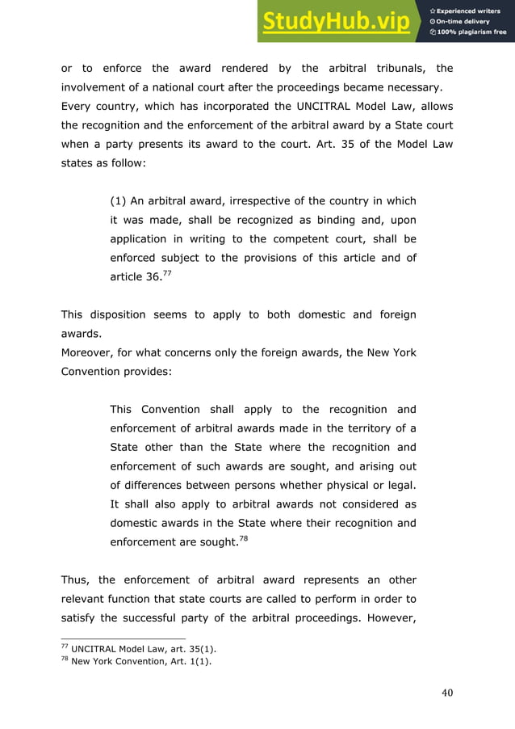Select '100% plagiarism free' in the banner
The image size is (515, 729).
471,32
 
